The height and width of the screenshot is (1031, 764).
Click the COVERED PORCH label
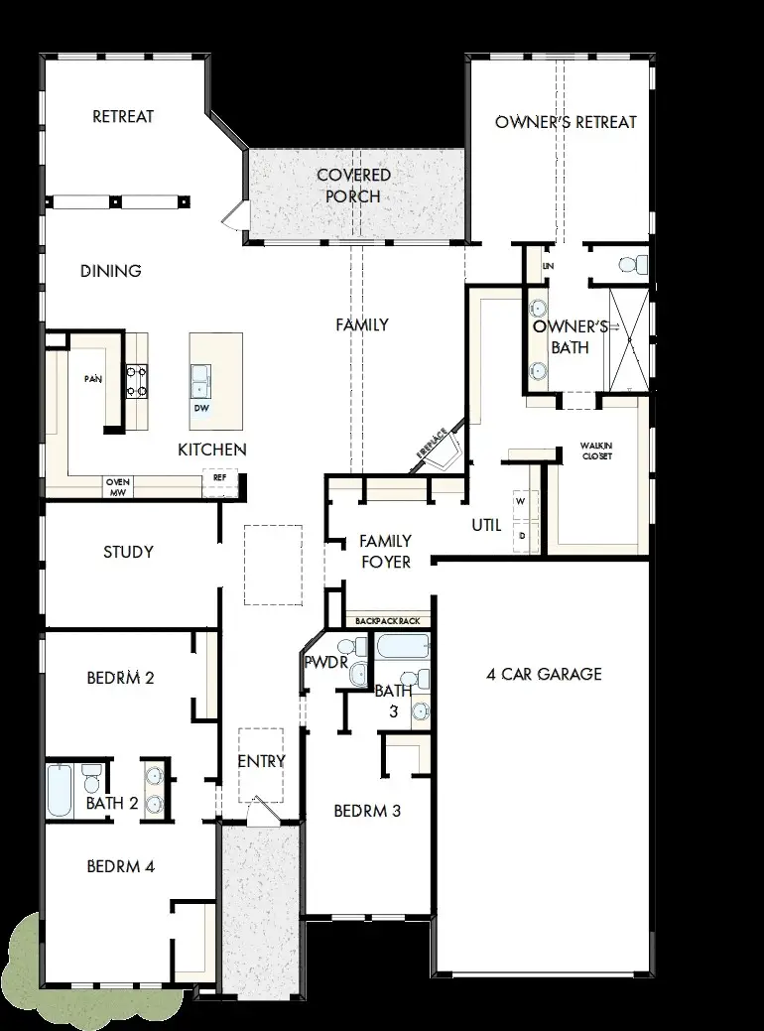click(x=353, y=186)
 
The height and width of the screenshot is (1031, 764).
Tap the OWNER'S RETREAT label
click(x=566, y=122)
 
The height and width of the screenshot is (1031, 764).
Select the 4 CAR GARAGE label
click(x=544, y=675)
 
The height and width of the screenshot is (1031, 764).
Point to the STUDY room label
click(x=128, y=552)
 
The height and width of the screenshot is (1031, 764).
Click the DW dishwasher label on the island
click(x=201, y=408)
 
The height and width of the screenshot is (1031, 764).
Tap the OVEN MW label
click(x=118, y=486)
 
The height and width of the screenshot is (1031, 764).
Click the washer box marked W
click(x=521, y=502)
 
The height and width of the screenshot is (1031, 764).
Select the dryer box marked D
click(x=521, y=535)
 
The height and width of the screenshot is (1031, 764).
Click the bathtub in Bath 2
click(x=59, y=790)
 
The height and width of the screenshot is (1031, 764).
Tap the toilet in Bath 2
click(x=91, y=773)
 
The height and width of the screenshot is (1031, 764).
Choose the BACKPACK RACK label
click(x=387, y=621)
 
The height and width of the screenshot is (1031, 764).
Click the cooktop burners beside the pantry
click(x=135, y=381)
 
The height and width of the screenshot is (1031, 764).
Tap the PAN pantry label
click(x=93, y=379)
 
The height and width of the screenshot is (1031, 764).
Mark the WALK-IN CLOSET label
click(x=596, y=451)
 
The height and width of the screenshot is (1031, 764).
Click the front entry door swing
click(x=261, y=810)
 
